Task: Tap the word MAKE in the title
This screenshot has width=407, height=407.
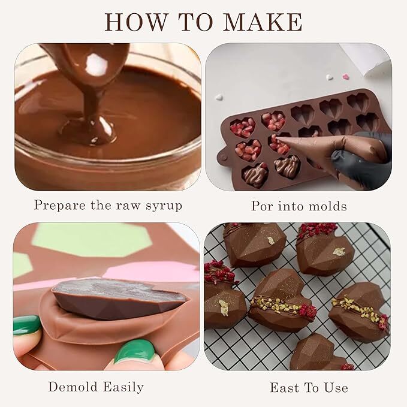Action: click(x=263, y=22)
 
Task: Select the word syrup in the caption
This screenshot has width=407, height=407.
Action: click(x=164, y=206)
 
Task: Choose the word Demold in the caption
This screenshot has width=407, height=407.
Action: click(x=74, y=387)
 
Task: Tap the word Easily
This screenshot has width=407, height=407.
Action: click(x=123, y=387)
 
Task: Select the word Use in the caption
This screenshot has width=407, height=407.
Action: click(x=336, y=388)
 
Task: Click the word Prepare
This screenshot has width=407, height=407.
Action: click(x=60, y=206)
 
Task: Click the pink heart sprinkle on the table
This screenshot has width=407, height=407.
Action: click(x=345, y=77)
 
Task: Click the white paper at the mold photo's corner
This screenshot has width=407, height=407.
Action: click(x=369, y=58)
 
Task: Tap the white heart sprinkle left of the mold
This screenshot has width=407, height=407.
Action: click(x=219, y=97)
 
